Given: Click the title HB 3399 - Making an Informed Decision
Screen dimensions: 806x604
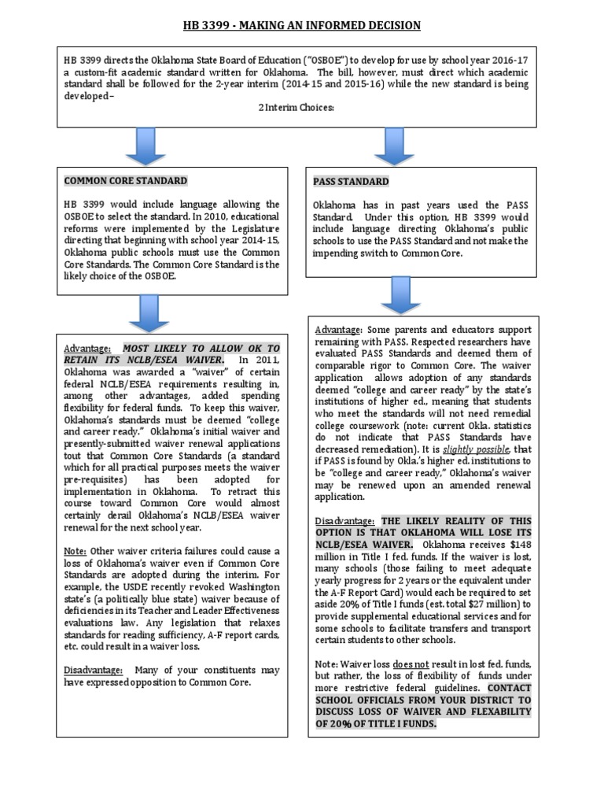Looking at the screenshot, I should tap(302, 26).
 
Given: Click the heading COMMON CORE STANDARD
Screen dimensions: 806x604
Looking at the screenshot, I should tap(125, 181).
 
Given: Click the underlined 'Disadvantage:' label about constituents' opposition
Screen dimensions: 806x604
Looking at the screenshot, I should tap(93, 670).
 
